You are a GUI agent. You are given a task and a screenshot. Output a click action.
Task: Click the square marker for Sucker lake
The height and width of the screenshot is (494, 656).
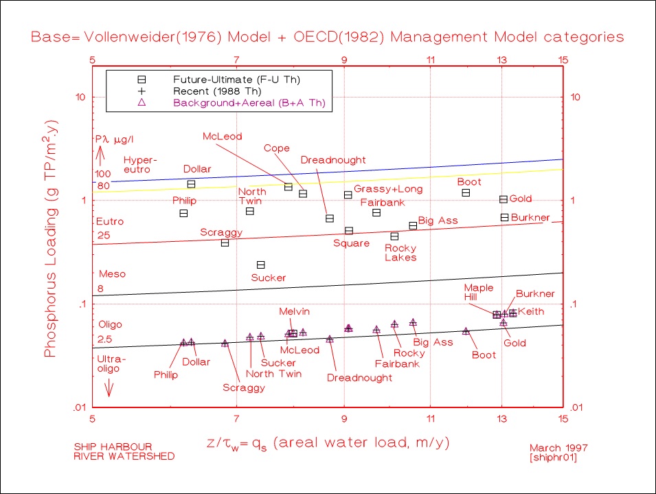261,265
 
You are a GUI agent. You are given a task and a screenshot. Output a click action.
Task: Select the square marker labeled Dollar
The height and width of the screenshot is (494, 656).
192,184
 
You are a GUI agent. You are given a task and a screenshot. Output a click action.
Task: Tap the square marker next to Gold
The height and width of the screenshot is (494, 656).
504,199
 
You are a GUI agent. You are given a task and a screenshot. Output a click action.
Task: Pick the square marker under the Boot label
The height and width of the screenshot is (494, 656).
466,193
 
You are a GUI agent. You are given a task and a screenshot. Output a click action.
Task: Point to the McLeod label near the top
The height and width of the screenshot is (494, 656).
223,136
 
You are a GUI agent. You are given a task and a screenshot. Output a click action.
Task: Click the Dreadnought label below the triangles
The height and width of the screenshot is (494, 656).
359,377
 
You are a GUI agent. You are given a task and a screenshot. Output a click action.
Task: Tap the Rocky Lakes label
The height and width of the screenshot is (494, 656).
400,252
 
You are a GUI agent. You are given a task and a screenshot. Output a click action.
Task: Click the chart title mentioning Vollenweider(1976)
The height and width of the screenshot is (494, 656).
328,36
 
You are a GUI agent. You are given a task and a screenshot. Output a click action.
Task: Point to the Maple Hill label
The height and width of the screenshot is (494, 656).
479,293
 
